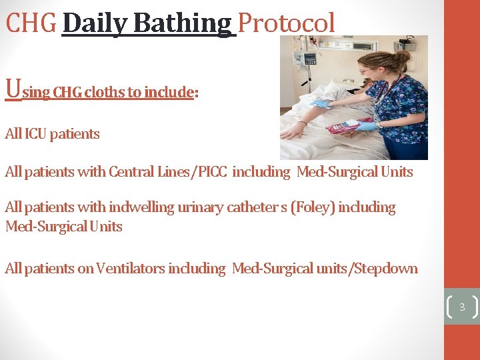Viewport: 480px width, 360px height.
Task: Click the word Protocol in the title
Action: click(x=286, y=23)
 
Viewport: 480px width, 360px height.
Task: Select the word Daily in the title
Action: click(x=95, y=23)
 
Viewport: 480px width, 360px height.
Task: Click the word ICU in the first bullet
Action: click(x=36, y=134)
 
